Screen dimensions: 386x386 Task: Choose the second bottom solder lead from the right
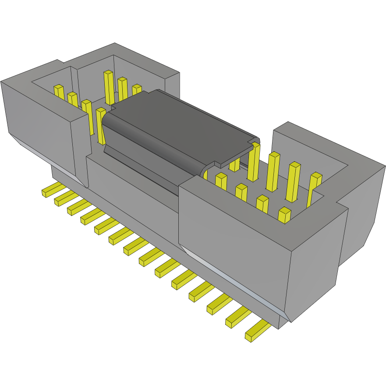237,317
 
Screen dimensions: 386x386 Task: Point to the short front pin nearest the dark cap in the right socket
221,180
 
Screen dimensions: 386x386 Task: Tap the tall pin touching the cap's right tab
254,162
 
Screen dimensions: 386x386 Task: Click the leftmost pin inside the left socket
59,92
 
